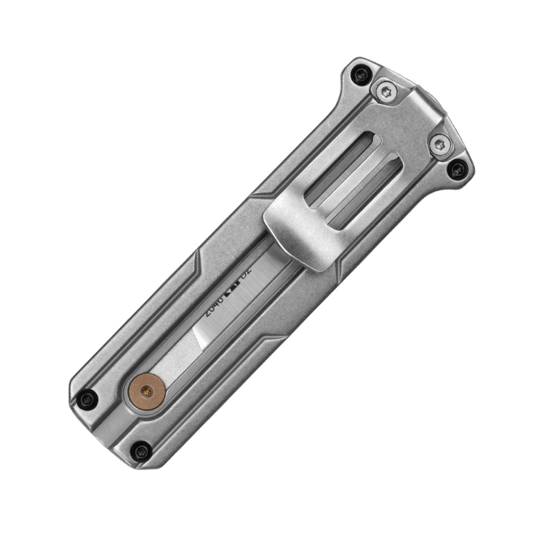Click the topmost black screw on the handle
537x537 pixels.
point(358,75)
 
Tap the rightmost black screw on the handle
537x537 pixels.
point(458,171)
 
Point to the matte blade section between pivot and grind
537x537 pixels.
point(177,362)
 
